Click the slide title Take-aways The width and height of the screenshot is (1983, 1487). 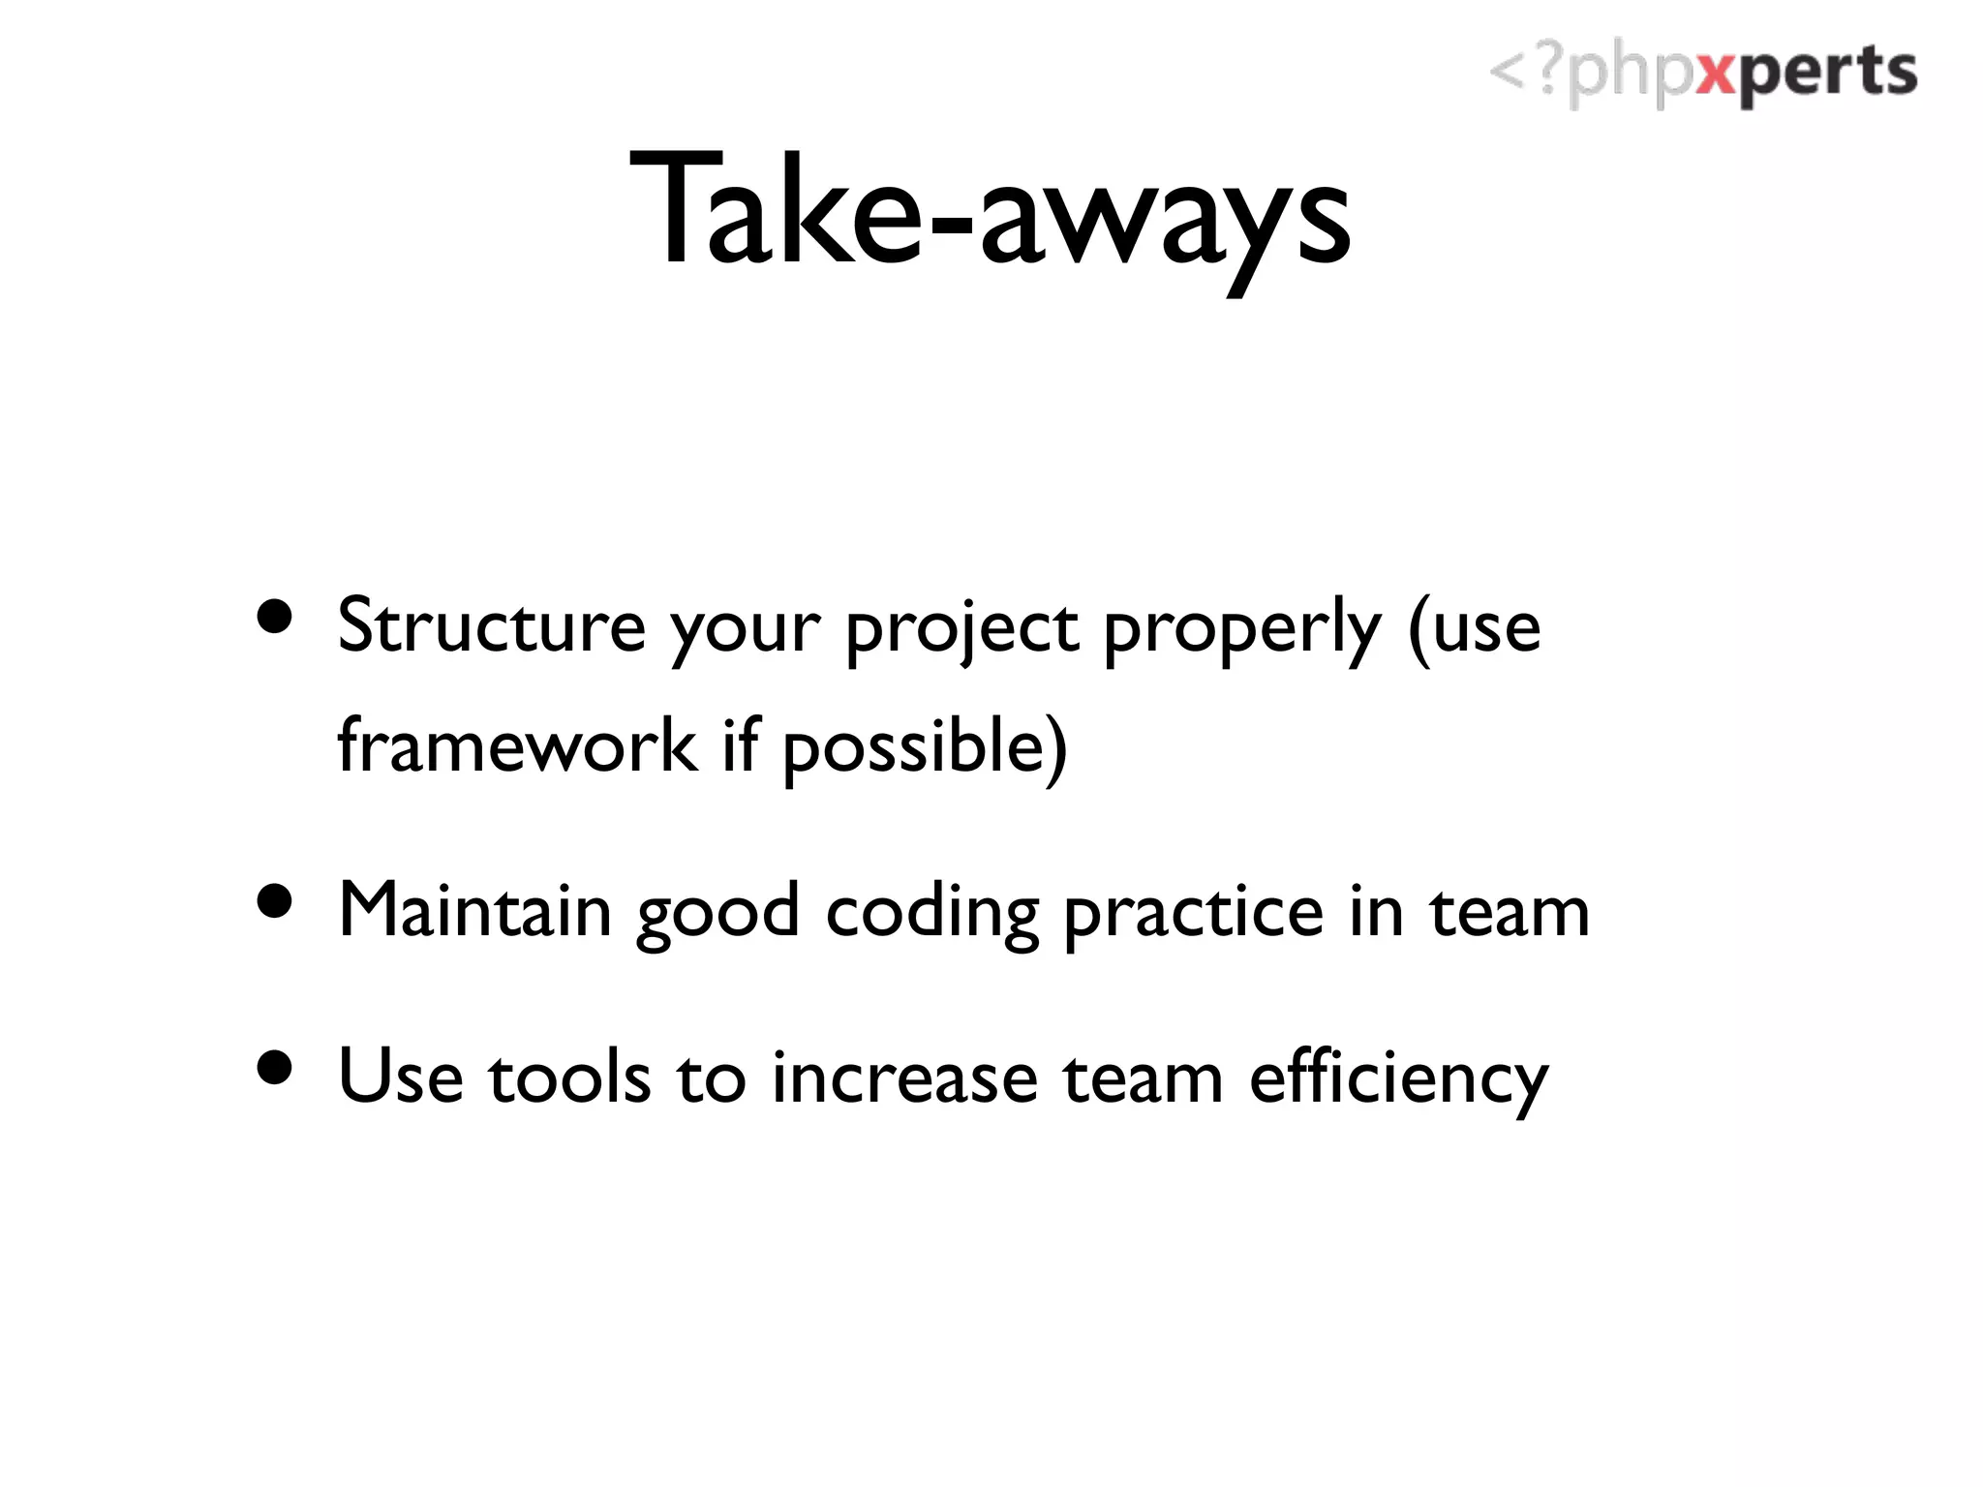click(990, 211)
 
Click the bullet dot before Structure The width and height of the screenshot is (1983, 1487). click(275, 617)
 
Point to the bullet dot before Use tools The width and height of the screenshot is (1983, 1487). click(275, 1067)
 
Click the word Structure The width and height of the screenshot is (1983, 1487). click(491, 626)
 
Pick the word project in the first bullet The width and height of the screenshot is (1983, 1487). click(961, 629)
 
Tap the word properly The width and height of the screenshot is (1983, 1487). click(1242, 629)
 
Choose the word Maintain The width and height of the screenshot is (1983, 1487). click(474, 911)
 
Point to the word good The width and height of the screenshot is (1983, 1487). click(717, 914)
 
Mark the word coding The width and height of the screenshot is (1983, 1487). click(932, 914)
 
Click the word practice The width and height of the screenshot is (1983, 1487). click(1193, 914)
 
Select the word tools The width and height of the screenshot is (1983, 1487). click(569, 1077)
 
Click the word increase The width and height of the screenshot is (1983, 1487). click(904, 1077)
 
